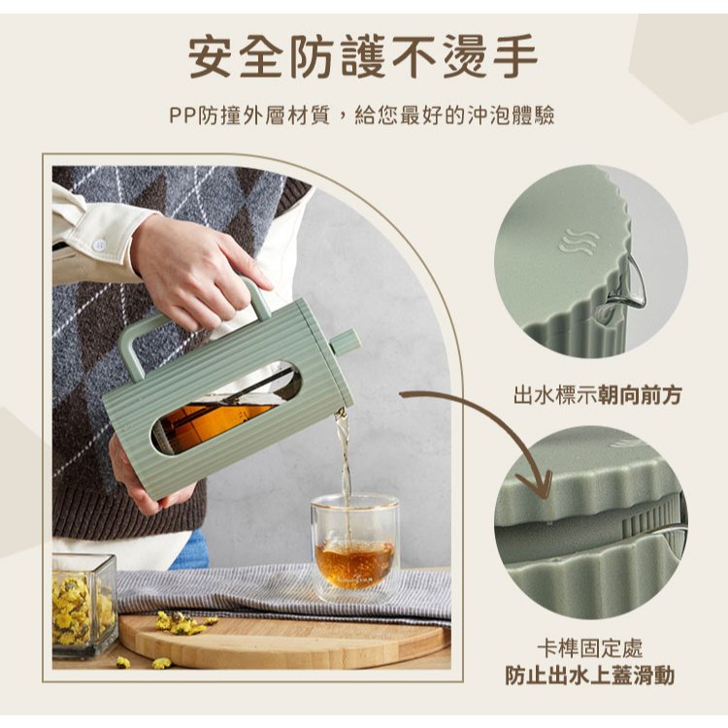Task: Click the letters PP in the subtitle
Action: (x=182, y=116)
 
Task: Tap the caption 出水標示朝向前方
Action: (x=598, y=396)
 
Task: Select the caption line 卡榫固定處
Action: (x=589, y=648)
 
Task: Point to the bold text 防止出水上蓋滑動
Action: (x=589, y=676)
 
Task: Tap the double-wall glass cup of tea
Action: (x=354, y=547)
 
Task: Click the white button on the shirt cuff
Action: (x=98, y=245)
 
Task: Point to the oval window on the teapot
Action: (x=226, y=408)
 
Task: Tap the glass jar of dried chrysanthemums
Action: (x=84, y=605)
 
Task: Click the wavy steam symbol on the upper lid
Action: (x=579, y=242)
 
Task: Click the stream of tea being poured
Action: (x=344, y=469)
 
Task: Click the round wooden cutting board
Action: (x=283, y=641)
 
